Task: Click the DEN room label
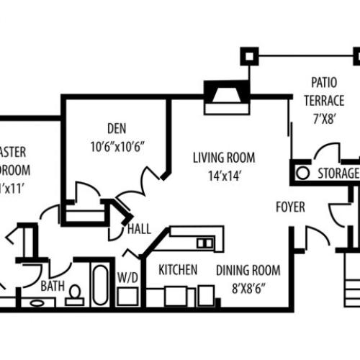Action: point(116,130)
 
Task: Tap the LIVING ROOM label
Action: point(222,158)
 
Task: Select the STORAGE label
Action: point(338,174)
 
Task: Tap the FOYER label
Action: point(290,207)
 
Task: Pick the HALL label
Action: point(139,230)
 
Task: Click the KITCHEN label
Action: point(178,270)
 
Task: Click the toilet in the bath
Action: point(76,291)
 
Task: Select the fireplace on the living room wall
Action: point(225,96)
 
